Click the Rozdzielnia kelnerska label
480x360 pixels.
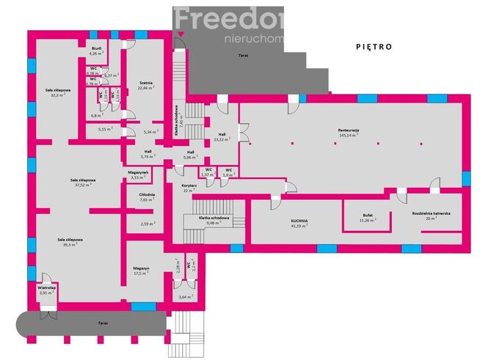431,215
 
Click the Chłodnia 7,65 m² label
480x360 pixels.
147,196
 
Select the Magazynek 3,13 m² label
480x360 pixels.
139,175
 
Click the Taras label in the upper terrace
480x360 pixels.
242,56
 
